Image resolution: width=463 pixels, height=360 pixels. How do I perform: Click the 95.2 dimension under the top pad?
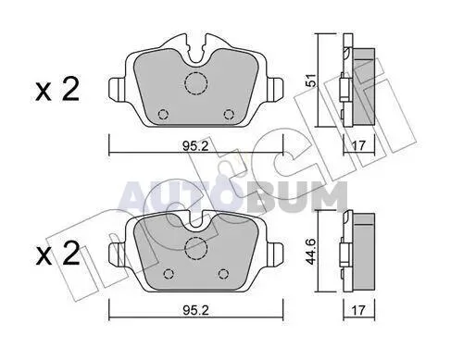coord(195,146)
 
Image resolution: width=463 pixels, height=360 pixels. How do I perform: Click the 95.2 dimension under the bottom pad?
coord(195,310)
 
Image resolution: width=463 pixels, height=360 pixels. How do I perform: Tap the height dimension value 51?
coord(312,81)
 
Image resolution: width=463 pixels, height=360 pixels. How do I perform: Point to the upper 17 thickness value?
coord(358,145)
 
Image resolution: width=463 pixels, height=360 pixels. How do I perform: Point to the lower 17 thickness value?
coord(358,310)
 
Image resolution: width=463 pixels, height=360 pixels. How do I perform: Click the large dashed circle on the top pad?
coord(195,82)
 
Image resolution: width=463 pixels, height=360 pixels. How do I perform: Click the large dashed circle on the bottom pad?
coord(195,249)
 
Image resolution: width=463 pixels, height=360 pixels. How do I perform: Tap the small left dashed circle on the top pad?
coord(163,115)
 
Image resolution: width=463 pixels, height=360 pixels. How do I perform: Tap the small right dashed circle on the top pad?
coord(229,115)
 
